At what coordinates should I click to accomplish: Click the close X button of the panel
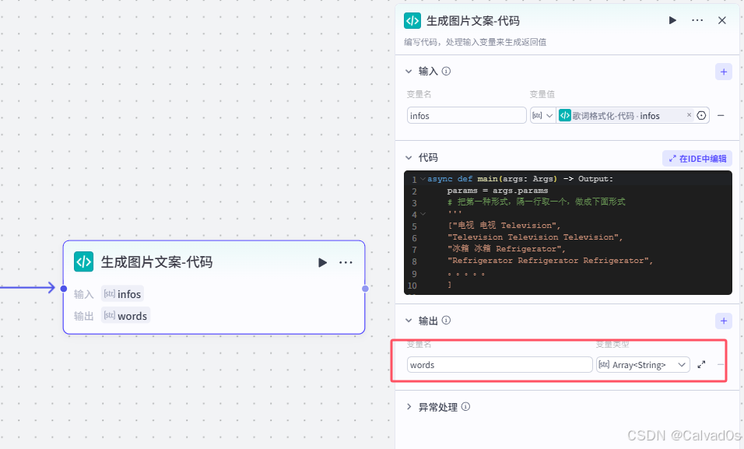point(721,21)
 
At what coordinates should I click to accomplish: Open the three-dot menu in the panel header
point(697,21)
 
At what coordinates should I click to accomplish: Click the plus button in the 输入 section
point(724,72)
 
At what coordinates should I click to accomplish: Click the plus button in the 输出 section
point(724,321)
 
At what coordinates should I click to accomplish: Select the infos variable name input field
point(466,116)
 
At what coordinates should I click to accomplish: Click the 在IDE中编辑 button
point(697,159)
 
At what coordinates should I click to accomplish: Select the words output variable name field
point(500,365)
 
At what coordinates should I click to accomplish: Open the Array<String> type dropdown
point(643,365)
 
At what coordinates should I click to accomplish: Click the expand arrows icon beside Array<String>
point(701,365)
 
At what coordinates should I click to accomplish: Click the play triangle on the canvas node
point(322,262)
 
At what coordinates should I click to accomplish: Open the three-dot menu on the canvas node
point(346,262)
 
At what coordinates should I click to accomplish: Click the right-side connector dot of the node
point(365,289)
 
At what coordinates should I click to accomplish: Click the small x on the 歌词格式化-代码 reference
point(689,115)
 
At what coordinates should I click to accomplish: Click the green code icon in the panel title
point(412,21)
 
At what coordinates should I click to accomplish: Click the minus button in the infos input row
point(721,116)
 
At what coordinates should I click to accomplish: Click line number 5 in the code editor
point(412,226)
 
